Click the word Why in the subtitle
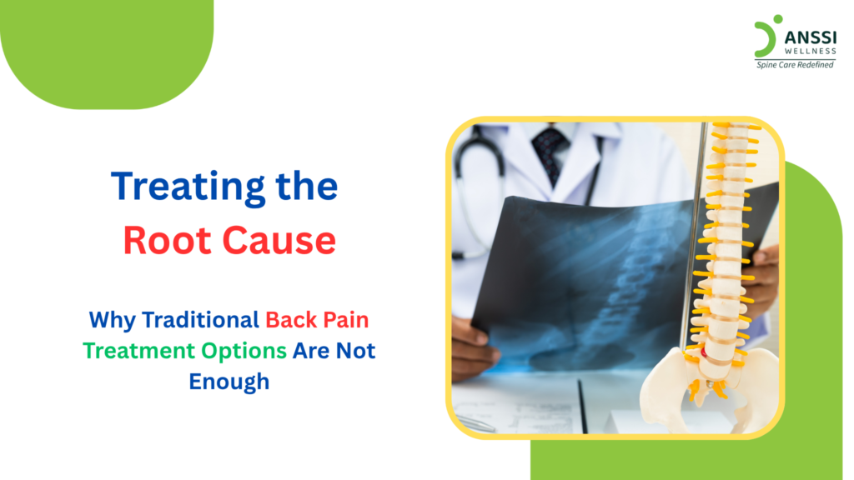click(112, 319)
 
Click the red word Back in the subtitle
click(290, 319)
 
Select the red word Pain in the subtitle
click(350, 319)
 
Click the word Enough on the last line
click(229, 382)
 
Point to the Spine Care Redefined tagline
click(794, 65)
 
